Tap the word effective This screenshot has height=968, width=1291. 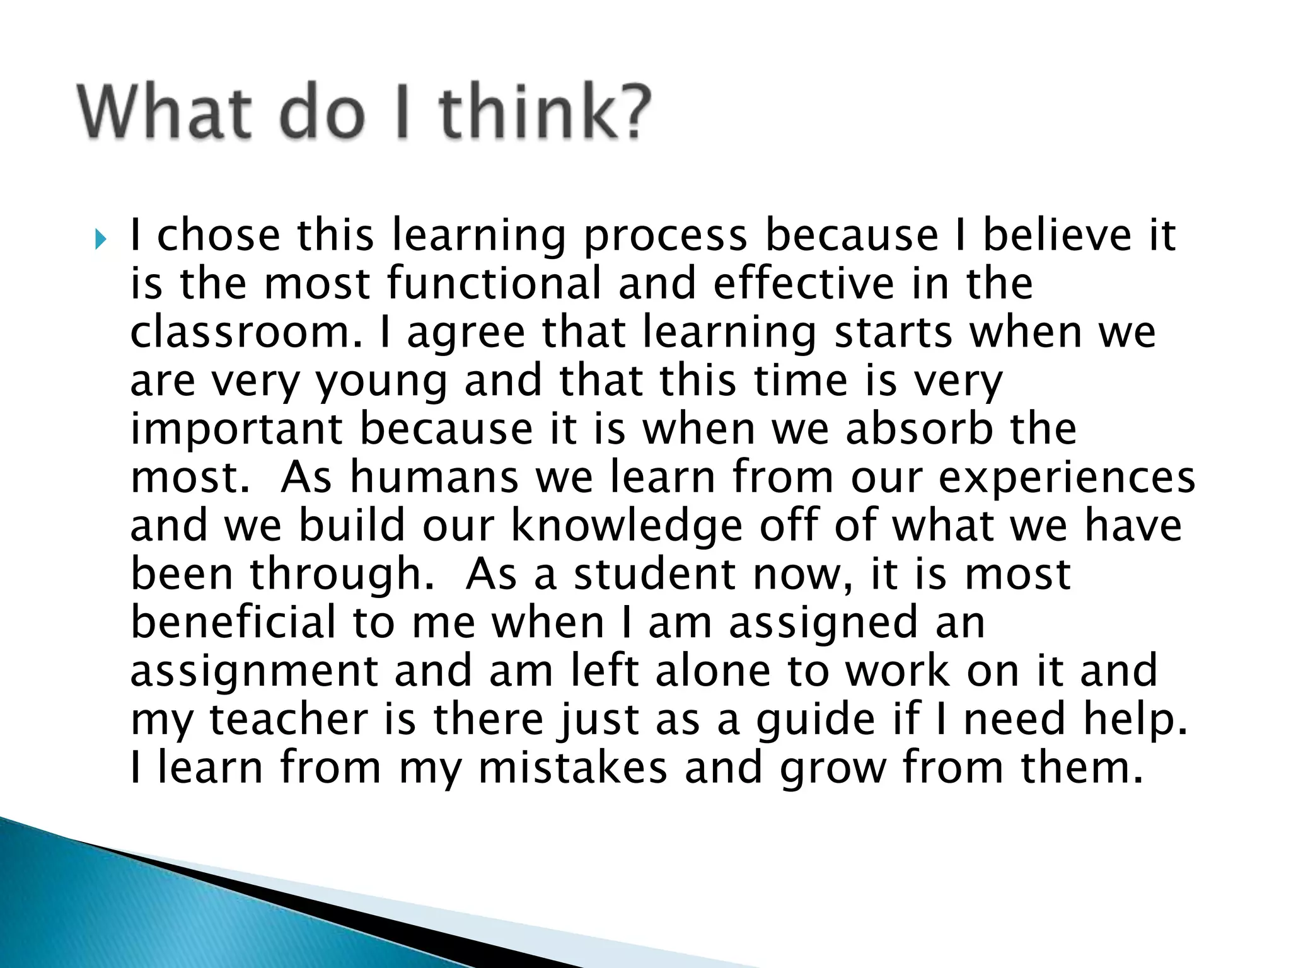click(x=803, y=284)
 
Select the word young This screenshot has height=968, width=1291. click(x=380, y=382)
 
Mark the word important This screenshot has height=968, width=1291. click(x=236, y=430)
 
